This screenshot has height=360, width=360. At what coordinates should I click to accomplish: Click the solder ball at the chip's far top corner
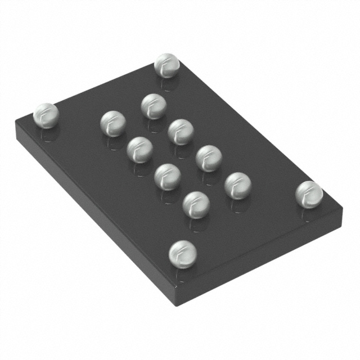click(166, 65)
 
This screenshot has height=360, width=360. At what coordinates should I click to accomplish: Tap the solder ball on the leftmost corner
click(46, 115)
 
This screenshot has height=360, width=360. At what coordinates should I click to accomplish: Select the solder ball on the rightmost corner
click(309, 193)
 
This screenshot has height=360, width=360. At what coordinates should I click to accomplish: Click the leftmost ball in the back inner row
click(154, 105)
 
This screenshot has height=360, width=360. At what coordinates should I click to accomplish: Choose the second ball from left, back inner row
click(181, 131)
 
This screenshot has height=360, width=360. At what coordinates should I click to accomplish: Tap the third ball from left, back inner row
click(208, 157)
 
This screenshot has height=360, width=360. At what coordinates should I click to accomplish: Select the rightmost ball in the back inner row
click(237, 185)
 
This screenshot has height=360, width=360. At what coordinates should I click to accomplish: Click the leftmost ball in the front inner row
click(113, 124)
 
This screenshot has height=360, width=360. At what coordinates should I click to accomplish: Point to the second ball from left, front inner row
click(139, 150)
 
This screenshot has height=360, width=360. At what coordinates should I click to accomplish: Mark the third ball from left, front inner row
click(166, 175)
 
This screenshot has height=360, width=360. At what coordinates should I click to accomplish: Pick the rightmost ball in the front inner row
click(195, 204)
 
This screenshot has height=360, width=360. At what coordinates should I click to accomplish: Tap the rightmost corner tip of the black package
click(342, 209)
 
